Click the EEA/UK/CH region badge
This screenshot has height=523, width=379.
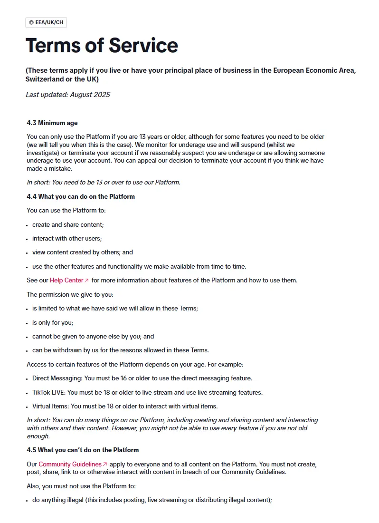(46, 22)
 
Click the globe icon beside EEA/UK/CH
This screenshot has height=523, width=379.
(31, 22)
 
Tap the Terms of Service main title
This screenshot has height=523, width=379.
(102, 45)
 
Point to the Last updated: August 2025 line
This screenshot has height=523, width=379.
(68, 95)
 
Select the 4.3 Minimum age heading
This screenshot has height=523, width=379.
(52, 123)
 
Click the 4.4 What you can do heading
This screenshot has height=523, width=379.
(81, 196)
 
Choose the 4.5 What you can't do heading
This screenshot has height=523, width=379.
(83, 450)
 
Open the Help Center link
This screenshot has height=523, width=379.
(67, 280)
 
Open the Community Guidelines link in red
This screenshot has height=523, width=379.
(70, 464)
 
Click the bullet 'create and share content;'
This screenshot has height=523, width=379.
(68, 224)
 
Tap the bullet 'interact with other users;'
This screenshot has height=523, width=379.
(67, 238)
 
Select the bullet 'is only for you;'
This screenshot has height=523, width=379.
(53, 322)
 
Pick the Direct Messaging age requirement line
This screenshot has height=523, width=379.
(142, 378)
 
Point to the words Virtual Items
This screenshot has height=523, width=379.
(50, 407)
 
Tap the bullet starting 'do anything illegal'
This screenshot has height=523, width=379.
(152, 500)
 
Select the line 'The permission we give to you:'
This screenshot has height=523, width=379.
(70, 294)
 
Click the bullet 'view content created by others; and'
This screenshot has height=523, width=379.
(83, 252)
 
